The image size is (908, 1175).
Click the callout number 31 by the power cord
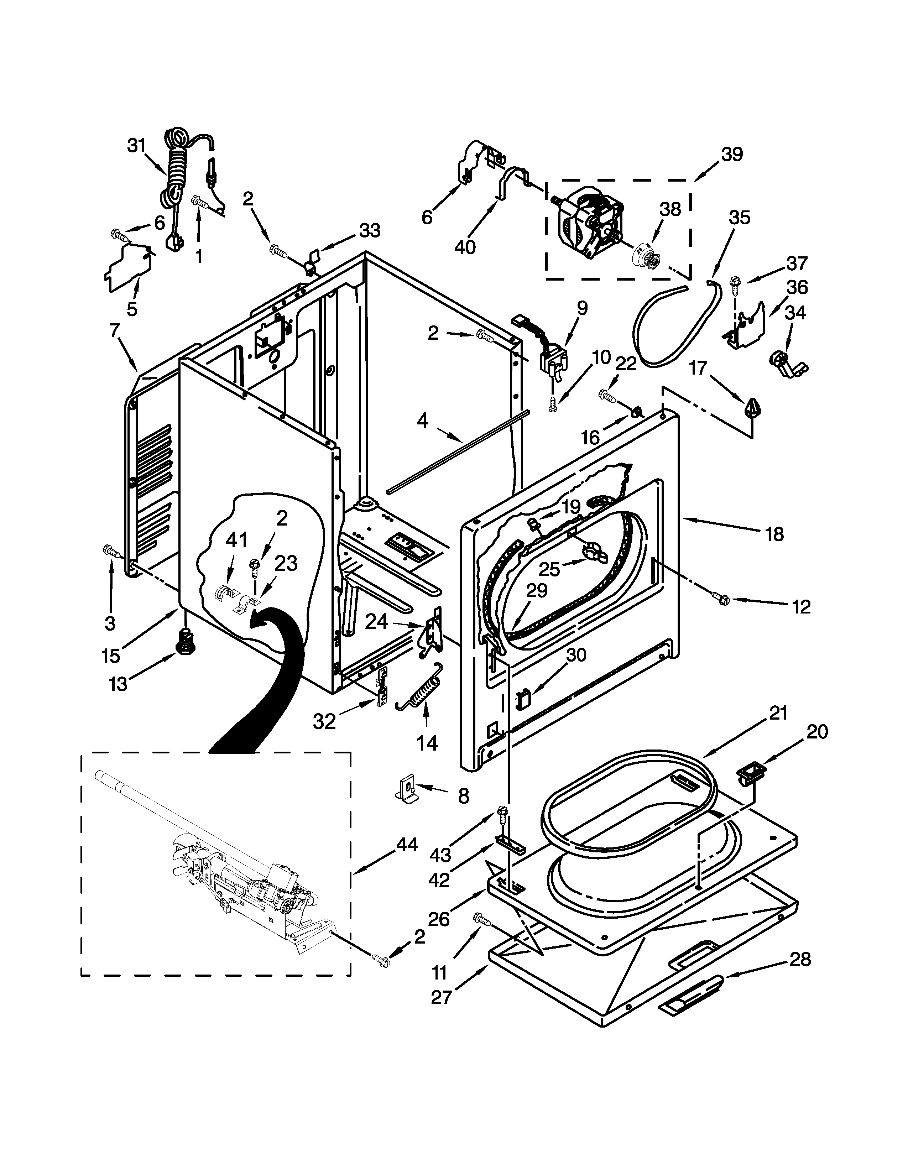click(x=137, y=145)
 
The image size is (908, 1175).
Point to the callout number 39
click(x=732, y=155)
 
